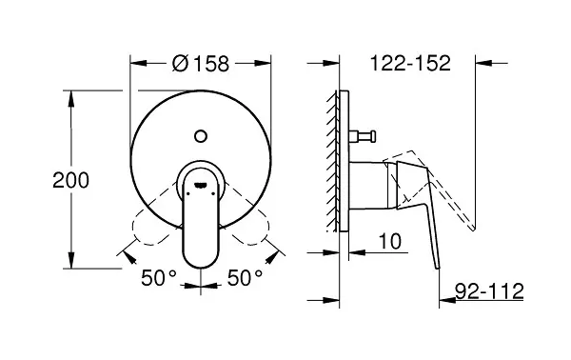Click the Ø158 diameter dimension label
pos(201,64)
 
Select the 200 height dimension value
pos(70,180)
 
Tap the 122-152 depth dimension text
pos(410,63)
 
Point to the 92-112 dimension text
pos(489,290)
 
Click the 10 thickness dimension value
pos(390,241)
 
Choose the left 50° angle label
pos(159,278)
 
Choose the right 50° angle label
pos(245,278)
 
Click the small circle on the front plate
pos(201,136)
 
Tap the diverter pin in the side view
pos(363,136)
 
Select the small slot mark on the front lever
pos(201,186)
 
